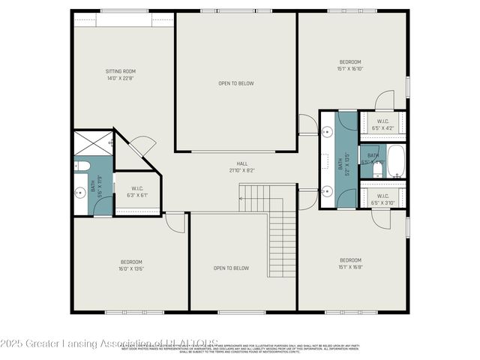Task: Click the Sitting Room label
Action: point(120,75)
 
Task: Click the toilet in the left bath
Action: point(82,166)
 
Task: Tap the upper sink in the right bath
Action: point(328,132)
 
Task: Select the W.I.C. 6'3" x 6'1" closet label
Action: point(137,192)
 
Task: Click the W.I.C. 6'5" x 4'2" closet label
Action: point(382,124)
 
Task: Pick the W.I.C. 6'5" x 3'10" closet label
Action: point(382,199)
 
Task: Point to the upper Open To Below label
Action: point(236,83)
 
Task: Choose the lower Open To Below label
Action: point(231,268)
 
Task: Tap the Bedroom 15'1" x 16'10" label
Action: point(350,64)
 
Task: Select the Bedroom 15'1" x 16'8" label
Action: point(350,263)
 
